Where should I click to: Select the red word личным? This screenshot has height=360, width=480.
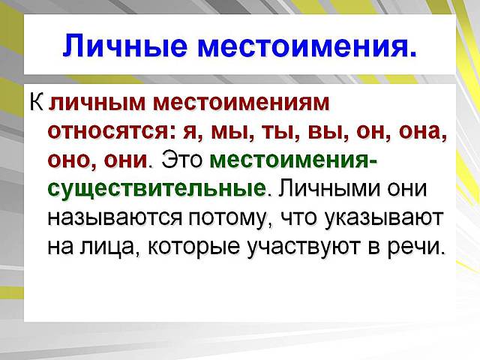pos(97,102)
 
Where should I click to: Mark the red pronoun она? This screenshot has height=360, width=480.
pos(423,131)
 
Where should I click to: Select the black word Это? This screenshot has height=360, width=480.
pos(182,160)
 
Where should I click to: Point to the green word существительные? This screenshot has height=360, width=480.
pos(156,188)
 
